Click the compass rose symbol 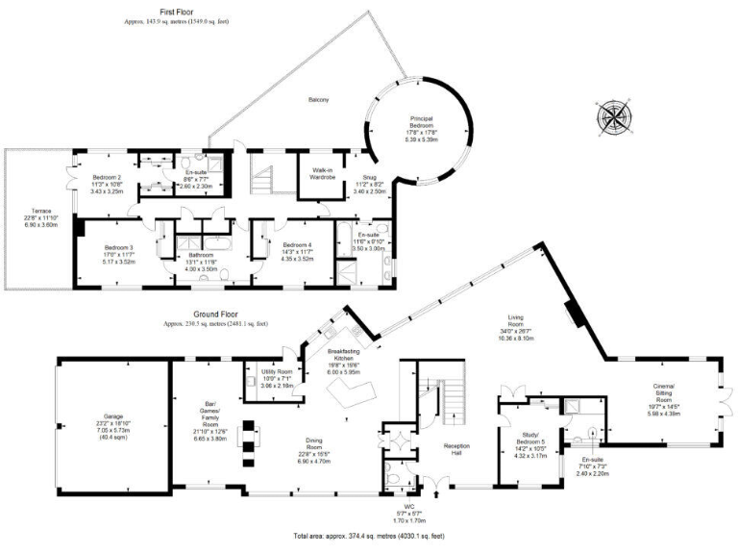[x=612, y=118]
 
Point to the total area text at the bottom [x=368, y=535]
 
